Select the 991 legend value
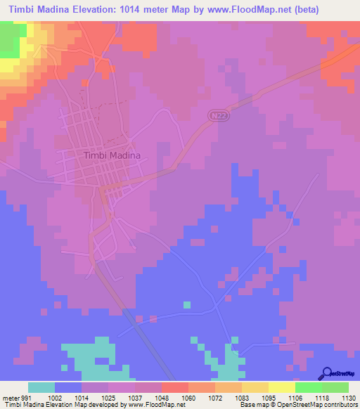[x=27, y=398]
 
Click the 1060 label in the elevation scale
[x=188, y=398]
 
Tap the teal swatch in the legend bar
[x=41, y=387]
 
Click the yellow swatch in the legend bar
[x=281, y=387]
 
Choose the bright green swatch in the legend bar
[x=308, y=387]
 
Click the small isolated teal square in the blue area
[x=187, y=304]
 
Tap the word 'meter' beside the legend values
[x=10, y=398]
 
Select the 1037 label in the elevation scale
[x=134, y=398]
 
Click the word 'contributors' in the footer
[x=342, y=405]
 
